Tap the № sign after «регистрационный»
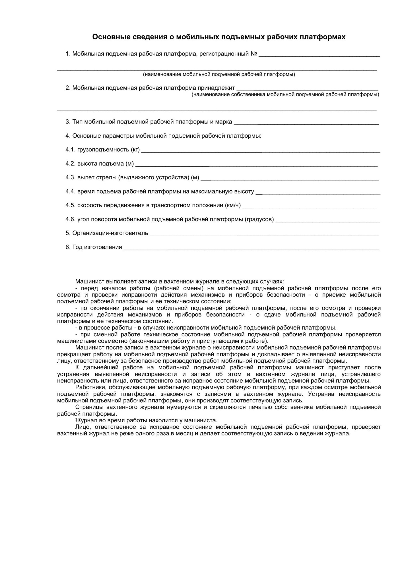pyautogui.click(x=254, y=54)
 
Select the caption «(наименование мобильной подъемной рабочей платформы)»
pyautogui.click(x=219, y=74)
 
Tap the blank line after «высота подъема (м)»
pyautogui.click(x=256, y=166)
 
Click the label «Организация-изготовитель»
pyautogui.click(x=110, y=233)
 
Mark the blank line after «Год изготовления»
pyautogui.click(x=251, y=249)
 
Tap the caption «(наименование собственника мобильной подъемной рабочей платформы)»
pyautogui.click(x=285, y=95)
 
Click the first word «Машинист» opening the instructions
pyautogui.click(x=88, y=282)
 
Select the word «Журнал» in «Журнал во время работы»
pyautogui.click(x=85, y=420)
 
